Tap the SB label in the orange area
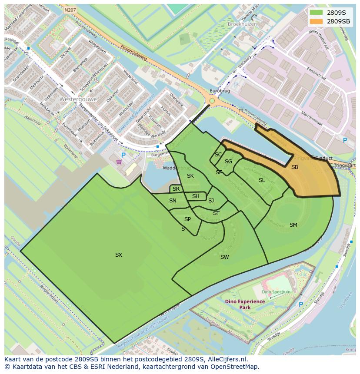pyautogui.click(x=295, y=167)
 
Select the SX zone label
pyautogui.click(x=119, y=255)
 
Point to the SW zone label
pyautogui.click(x=224, y=257)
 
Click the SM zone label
pyautogui.click(x=293, y=225)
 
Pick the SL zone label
pyautogui.click(x=262, y=180)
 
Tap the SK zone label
pyautogui.click(x=190, y=176)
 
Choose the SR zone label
pyautogui.click(x=176, y=189)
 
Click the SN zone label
pyautogui.click(x=173, y=201)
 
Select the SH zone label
pyautogui.click(x=196, y=196)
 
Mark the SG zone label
pyautogui.click(x=228, y=162)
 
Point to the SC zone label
pyautogui.click(x=218, y=155)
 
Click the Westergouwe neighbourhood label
pyautogui.click(x=79, y=99)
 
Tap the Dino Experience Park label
pyautogui.click(x=245, y=304)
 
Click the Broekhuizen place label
pyautogui.click(x=242, y=24)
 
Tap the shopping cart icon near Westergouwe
pyautogui.click(x=119, y=162)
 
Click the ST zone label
pyautogui.click(x=216, y=213)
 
